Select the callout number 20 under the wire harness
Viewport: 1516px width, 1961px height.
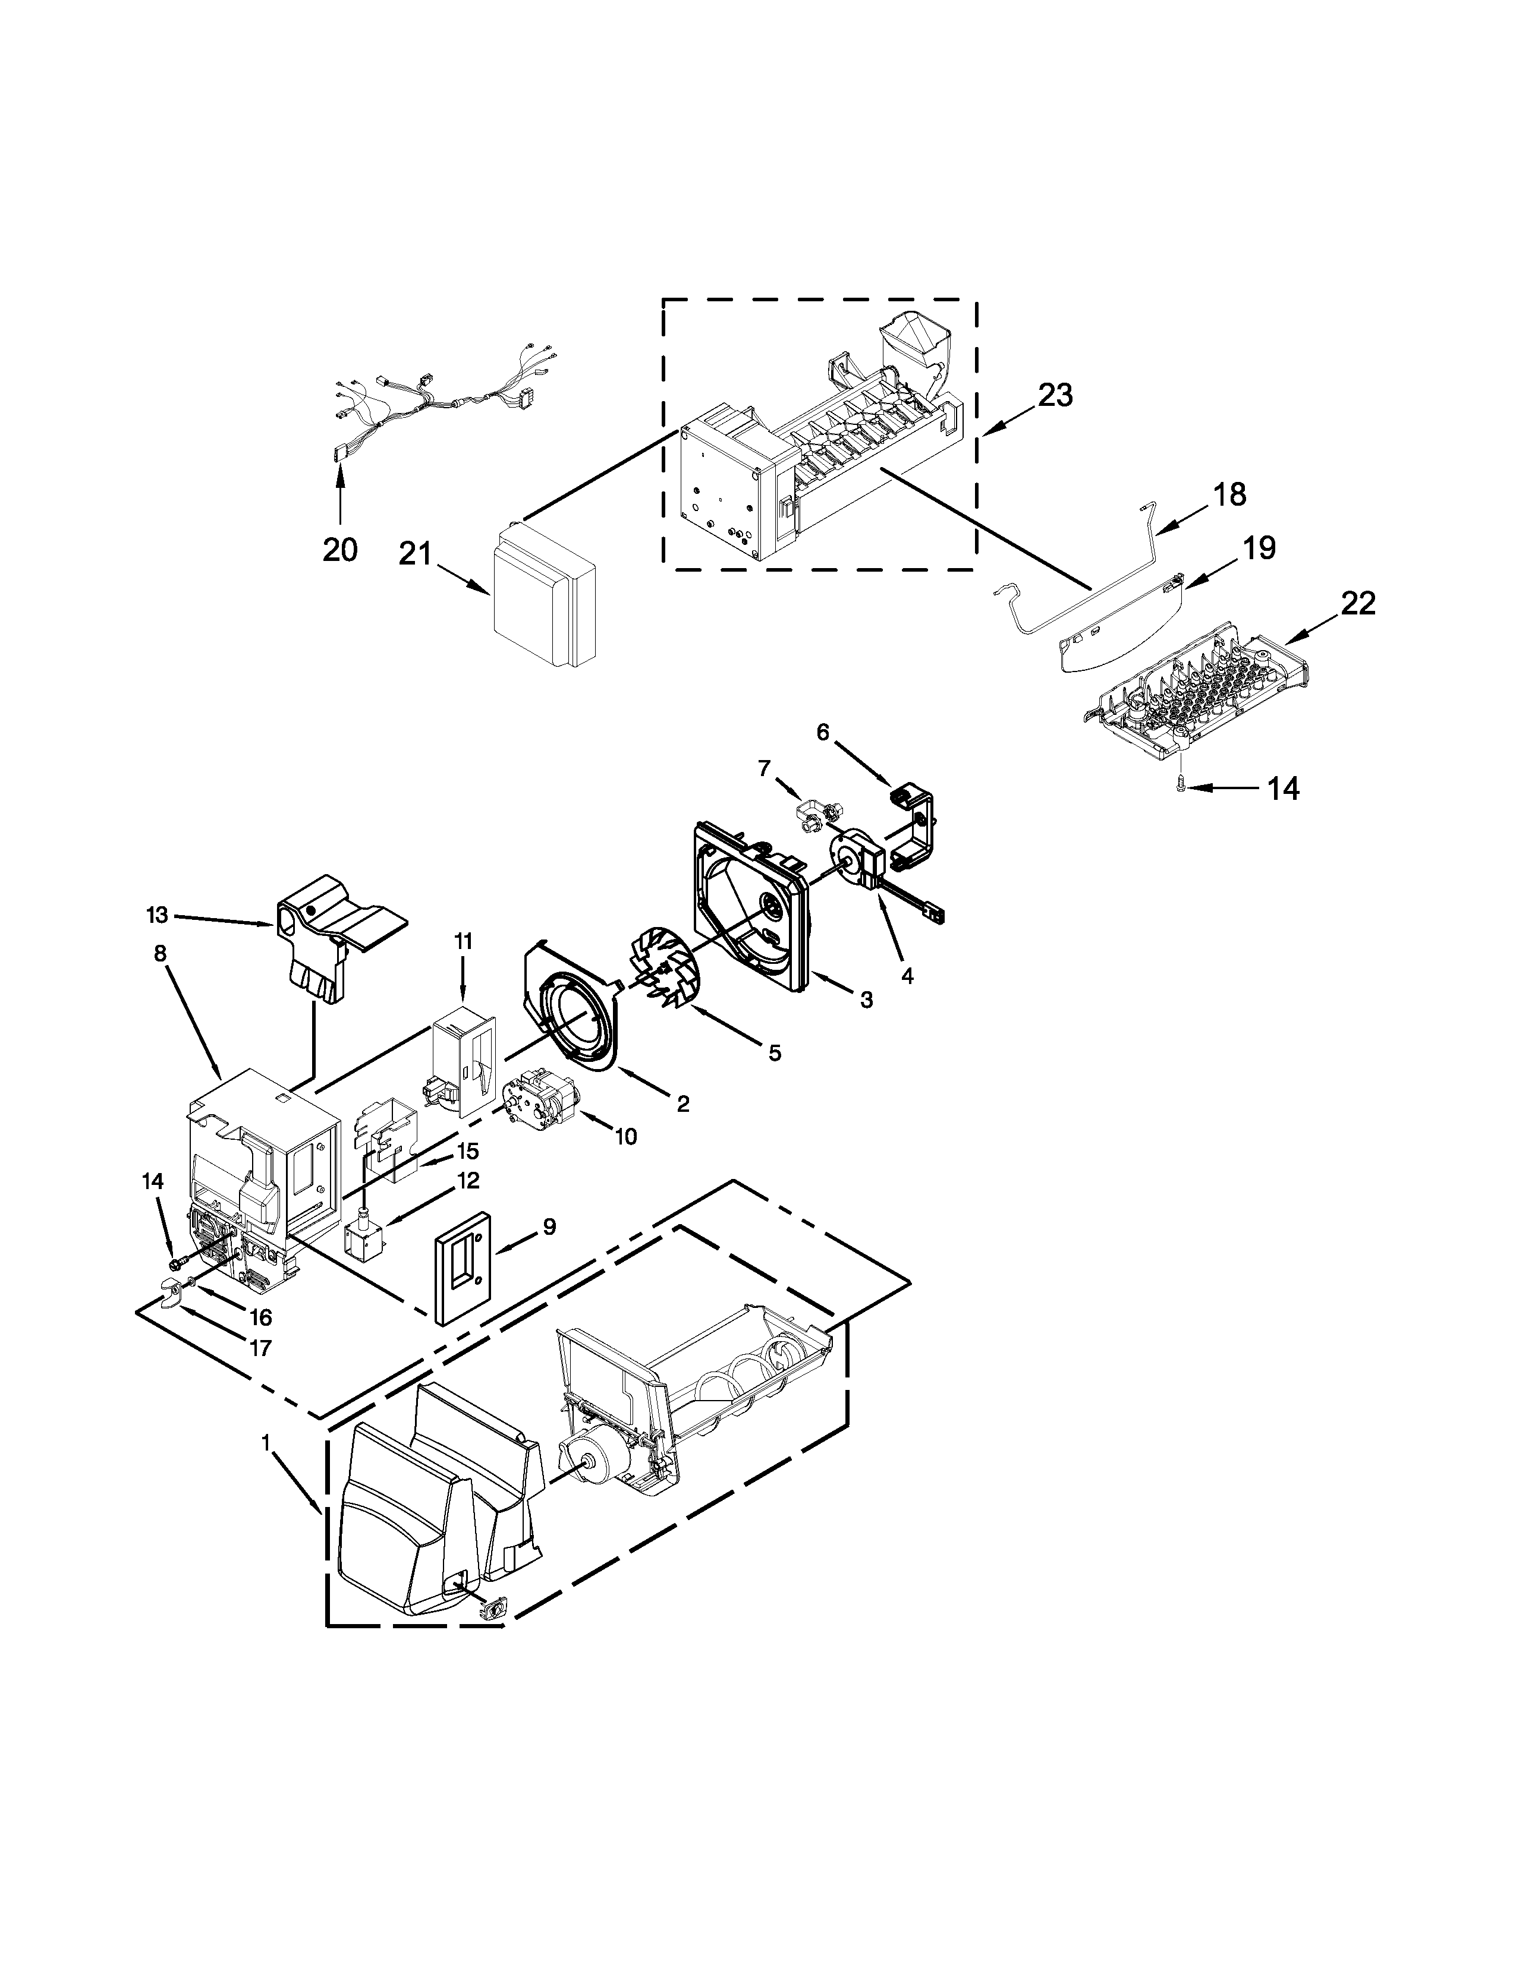coord(339,548)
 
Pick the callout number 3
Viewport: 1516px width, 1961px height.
coord(866,1000)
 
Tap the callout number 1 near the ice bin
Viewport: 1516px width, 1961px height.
coord(266,1443)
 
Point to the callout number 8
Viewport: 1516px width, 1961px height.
coord(160,954)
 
